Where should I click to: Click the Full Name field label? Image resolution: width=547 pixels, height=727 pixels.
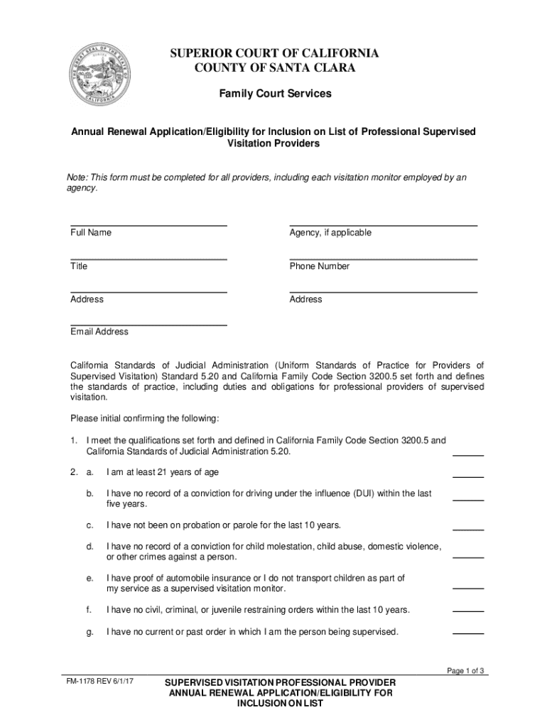(91, 233)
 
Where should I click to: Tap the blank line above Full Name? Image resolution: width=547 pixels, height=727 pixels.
(148, 225)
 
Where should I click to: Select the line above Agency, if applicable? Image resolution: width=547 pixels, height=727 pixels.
(383, 225)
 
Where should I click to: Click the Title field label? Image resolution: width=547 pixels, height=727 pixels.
(79, 266)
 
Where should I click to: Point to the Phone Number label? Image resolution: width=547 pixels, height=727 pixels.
(320, 266)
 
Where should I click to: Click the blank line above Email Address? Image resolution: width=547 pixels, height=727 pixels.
(148, 324)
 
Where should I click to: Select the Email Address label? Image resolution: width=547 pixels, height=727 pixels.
(99, 332)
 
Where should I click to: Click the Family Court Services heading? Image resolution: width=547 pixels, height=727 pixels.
(273, 94)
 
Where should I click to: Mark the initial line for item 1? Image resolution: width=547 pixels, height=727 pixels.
(468, 454)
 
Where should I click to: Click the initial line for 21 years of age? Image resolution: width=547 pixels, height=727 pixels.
(468, 477)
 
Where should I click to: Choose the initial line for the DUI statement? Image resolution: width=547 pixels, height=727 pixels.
(468, 501)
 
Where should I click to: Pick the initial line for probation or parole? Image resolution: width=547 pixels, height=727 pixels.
(468, 530)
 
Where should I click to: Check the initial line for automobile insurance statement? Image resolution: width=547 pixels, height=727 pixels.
(468, 589)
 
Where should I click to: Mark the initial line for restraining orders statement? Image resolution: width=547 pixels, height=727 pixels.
(468, 611)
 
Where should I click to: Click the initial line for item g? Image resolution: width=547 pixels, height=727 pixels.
(468, 633)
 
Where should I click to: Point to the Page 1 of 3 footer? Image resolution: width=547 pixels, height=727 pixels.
(465, 671)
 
